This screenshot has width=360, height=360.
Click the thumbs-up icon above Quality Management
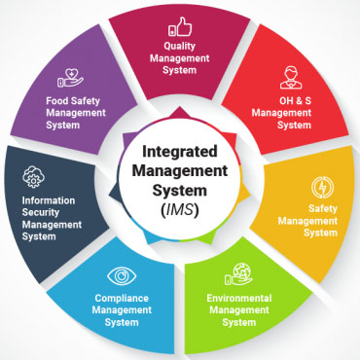(180, 26)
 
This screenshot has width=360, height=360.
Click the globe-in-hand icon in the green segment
(240, 274)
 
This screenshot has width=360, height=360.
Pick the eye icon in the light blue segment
(122, 275)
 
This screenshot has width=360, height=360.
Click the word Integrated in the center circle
(181, 152)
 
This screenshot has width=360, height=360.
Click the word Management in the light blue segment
(123, 310)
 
